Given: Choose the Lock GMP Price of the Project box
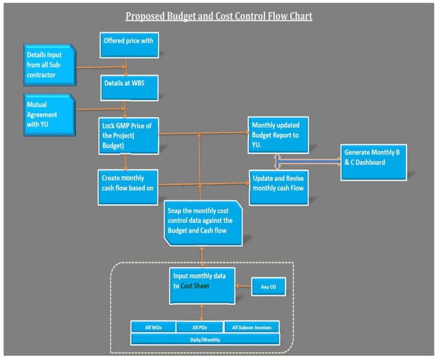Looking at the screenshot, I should coord(129,134).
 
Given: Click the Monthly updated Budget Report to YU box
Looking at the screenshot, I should coord(279,133).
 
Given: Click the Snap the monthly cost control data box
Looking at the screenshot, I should coord(203,221).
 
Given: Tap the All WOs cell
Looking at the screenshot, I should coord(153,327).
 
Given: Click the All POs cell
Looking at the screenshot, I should coord(199,327).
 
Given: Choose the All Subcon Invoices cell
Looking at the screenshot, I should coord(252,327).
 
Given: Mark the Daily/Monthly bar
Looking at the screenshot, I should coord(205,339).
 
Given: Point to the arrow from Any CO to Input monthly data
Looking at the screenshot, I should coord(244,286).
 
